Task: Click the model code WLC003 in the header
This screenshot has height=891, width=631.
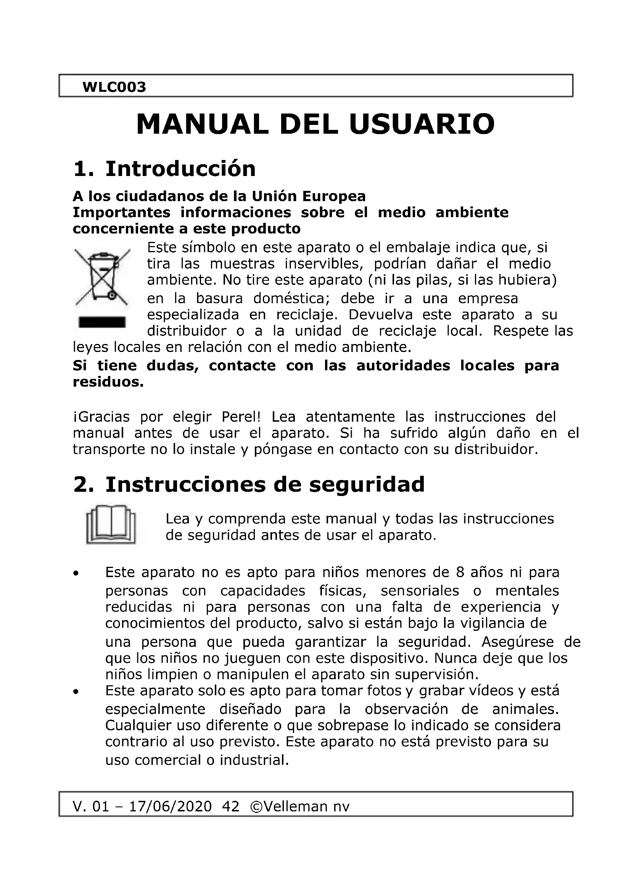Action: point(114,87)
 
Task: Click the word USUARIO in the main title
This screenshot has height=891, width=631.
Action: point(422,124)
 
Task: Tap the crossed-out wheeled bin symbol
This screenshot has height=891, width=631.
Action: point(102,276)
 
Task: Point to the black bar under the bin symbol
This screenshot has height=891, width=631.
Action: point(102,322)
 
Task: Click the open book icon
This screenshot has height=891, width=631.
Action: point(111,524)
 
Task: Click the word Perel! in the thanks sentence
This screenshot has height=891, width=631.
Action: point(240,417)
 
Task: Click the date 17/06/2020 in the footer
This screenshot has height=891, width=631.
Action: point(171,806)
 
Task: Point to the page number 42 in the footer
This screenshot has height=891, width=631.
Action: point(230,806)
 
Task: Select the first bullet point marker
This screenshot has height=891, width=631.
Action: point(77,573)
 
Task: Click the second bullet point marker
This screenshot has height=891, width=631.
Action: point(77,691)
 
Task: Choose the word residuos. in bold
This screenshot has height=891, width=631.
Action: point(108,382)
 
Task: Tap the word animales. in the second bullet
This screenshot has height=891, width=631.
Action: point(525,709)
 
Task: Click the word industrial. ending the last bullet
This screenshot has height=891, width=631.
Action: point(254,760)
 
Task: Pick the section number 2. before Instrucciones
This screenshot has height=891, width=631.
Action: point(84,485)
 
